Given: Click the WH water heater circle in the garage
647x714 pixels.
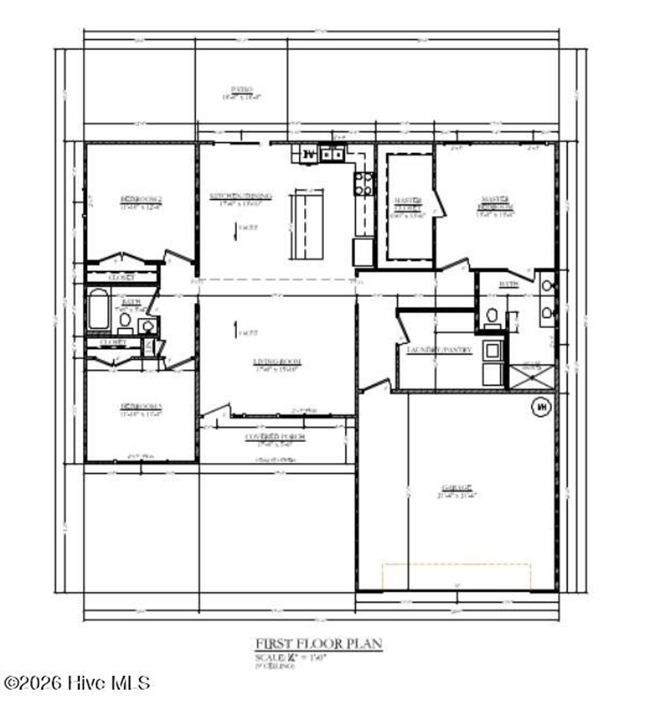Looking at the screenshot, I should (541, 408).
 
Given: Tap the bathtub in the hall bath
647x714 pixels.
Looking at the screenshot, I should (99, 309).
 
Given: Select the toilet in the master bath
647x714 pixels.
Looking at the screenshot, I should (492, 315).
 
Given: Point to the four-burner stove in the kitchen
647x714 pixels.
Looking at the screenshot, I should (363, 184).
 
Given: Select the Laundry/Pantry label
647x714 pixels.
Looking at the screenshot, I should (440, 349).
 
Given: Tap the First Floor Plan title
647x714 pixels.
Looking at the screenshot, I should (319, 644).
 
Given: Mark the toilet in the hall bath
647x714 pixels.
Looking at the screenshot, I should (125, 321).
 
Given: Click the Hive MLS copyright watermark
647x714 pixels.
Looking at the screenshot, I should (77, 682).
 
